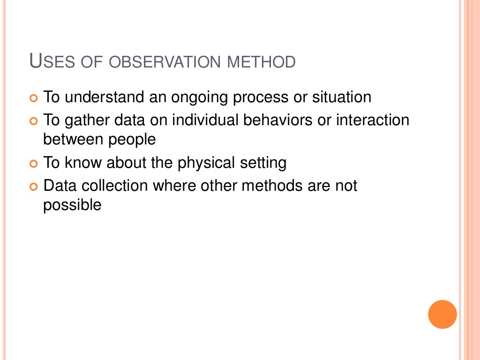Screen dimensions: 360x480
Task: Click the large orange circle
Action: [x=442, y=314]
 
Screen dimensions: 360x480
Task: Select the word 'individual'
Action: [x=205, y=120]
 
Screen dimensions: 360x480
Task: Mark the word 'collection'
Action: [x=116, y=186]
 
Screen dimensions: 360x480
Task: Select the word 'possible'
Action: [x=72, y=206]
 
